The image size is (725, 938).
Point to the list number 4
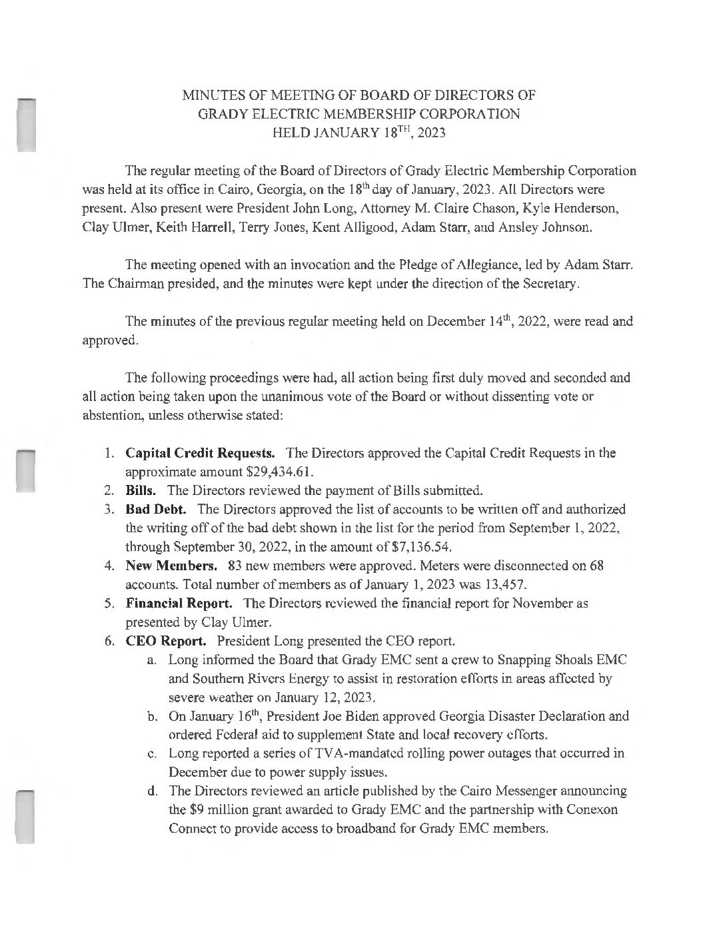(x=108, y=566)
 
